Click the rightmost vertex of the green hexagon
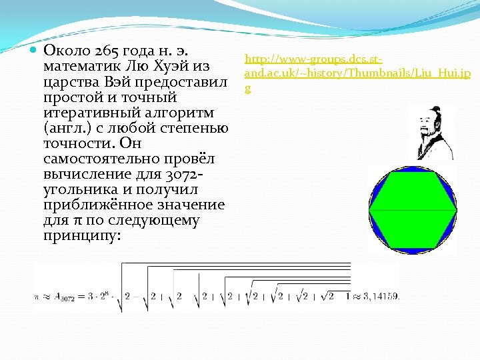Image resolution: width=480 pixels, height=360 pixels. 457,209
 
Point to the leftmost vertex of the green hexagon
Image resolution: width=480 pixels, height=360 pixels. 369,209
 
